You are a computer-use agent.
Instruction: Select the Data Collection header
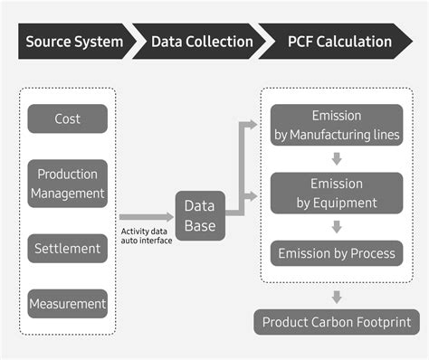pyautogui.click(x=202, y=42)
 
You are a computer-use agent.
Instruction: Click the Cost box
pyautogui.click(x=67, y=118)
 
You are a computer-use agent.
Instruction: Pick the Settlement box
pyautogui.click(x=67, y=248)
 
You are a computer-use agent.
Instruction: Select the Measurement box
pyautogui.click(x=67, y=304)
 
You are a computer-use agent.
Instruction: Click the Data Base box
pyautogui.click(x=200, y=216)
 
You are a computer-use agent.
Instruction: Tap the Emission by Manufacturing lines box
pyautogui.click(x=336, y=126)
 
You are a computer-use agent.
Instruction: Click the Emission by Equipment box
pyautogui.click(x=336, y=193)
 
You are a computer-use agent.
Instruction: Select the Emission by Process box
pyautogui.click(x=336, y=253)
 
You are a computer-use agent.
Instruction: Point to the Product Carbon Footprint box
pyautogui.click(x=336, y=322)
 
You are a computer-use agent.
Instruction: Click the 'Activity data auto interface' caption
pyautogui.click(x=146, y=235)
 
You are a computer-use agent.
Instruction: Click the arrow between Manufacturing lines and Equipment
pyautogui.click(x=336, y=159)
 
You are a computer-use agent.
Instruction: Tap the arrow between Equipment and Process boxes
pyautogui.click(x=336, y=226)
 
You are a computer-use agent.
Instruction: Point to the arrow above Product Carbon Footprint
pyautogui.click(x=336, y=296)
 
